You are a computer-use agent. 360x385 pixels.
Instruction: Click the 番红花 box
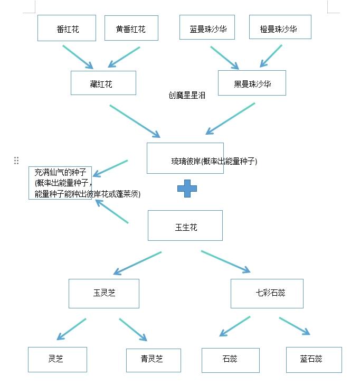point(67,29)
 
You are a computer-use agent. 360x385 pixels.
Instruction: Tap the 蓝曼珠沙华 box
point(207,28)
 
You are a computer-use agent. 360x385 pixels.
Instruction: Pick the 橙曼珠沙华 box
point(280,27)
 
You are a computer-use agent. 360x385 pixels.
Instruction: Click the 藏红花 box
point(103,83)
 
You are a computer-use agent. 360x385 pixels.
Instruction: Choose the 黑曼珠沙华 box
point(252,83)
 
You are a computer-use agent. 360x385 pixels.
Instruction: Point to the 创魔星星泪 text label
point(187,96)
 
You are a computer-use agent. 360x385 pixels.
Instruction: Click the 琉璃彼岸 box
point(185,158)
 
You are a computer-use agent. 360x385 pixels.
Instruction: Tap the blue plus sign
point(187,189)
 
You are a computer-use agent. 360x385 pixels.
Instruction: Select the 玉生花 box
point(185,226)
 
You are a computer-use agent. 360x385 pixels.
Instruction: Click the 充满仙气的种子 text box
point(61,183)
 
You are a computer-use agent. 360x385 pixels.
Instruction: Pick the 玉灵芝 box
point(104,294)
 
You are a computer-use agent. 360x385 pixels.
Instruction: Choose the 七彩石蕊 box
point(267,294)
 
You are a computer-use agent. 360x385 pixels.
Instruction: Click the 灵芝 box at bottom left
point(57,360)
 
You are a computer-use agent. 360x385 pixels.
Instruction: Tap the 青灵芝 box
point(153,360)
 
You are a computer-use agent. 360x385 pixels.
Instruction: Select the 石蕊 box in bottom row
point(230,360)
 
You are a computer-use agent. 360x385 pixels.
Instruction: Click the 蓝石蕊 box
point(314,360)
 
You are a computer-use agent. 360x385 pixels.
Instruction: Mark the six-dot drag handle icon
point(16,161)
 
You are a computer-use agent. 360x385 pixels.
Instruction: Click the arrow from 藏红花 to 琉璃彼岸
point(135,121)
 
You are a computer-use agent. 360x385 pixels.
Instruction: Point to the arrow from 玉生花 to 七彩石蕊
point(225,262)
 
